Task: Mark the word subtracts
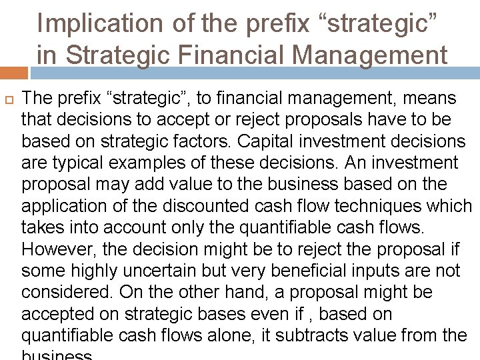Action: pos(317,335)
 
